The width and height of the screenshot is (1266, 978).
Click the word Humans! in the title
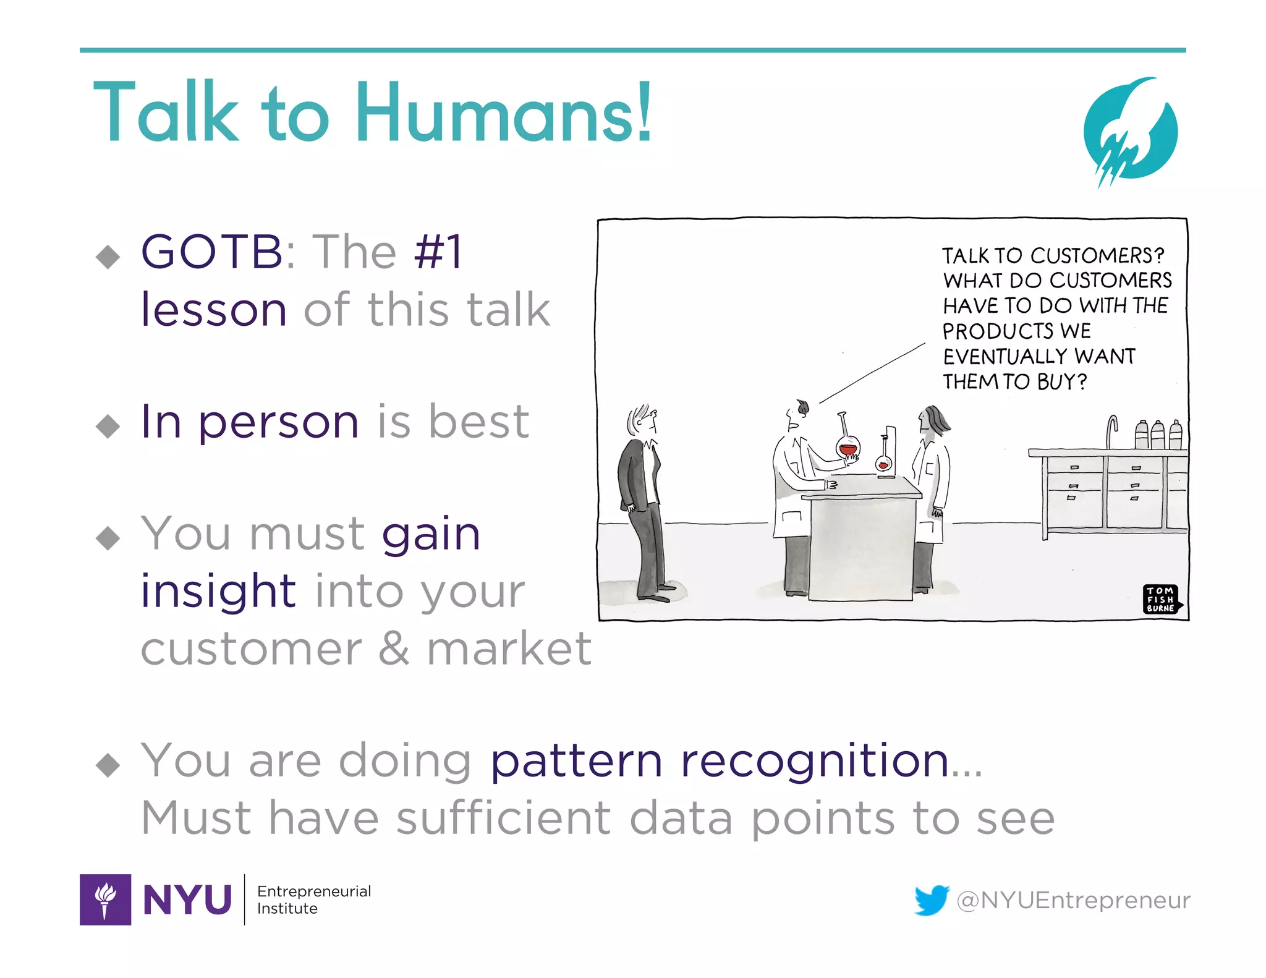point(503,113)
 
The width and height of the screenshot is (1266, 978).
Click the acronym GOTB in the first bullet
point(211,252)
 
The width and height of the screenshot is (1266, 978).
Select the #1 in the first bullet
point(438,252)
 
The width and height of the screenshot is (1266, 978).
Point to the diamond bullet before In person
point(108,425)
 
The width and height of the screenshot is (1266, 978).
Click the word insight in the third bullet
point(218,590)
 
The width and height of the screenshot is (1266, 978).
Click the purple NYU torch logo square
point(105,899)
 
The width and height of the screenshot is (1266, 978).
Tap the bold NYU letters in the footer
point(187,900)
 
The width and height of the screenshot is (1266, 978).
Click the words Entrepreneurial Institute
point(313,899)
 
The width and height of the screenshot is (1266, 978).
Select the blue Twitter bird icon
point(932,899)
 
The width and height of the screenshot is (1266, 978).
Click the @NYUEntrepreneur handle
point(1073,900)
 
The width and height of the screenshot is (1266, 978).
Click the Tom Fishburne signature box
point(1160,599)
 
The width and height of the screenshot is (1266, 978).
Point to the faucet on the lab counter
point(1111,430)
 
